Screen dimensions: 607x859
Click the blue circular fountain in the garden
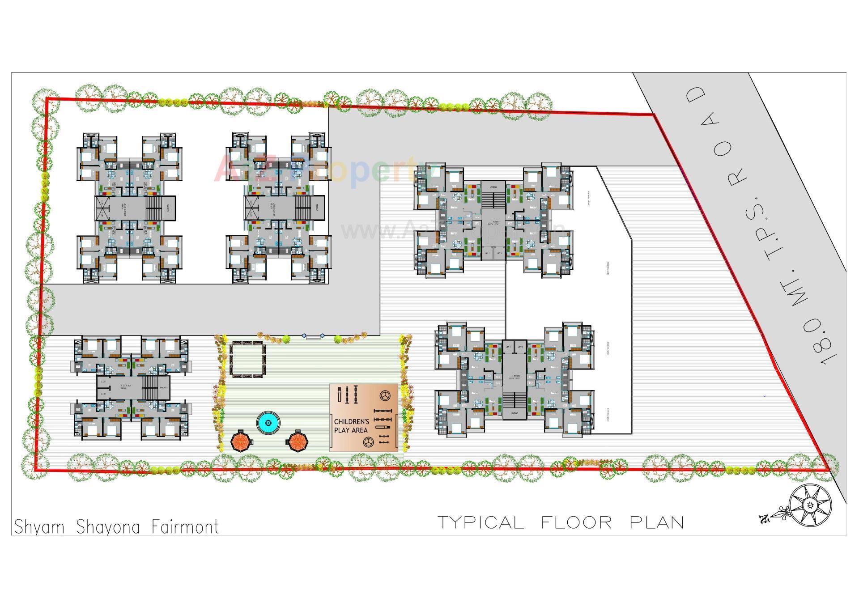click(x=268, y=422)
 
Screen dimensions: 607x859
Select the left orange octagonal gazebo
click(x=241, y=441)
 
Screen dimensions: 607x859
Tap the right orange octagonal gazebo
click(x=298, y=441)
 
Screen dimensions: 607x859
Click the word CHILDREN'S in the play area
click(x=351, y=422)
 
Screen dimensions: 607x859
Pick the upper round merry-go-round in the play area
click(x=385, y=395)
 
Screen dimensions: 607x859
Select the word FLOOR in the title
click(x=576, y=522)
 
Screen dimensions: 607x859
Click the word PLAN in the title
click(x=657, y=522)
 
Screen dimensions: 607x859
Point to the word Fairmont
click(x=185, y=527)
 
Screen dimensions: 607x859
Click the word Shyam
click(x=39, y=527)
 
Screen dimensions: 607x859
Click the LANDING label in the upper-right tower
click(x=493, y=187)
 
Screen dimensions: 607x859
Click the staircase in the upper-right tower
click(x=493, y=199)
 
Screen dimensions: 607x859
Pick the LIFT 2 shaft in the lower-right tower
click(x=520, y=347)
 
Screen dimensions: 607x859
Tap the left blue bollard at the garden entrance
click(x=304, y=335)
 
